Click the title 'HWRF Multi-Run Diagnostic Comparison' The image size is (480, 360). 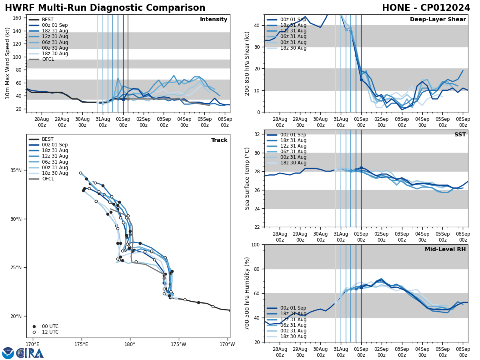pyautogui.click(x=105, y=8)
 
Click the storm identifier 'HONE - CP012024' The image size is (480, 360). pyautogui.click(x=426, y=8)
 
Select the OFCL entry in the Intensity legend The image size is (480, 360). pyautogui.click(x=48, y=59)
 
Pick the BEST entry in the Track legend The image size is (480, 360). pyautogui.click(x=48, y=139)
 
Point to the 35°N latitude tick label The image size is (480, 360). pyautogui.click(x=16, y=170)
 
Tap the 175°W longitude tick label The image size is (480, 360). pyautogui.click(x=179, y=344)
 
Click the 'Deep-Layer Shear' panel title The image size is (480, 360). pyautogui.click(x=438, y=20)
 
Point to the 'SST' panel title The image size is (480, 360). pyautogui.click(x=460, y=135)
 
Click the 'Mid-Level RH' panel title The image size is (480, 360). pyautogui.click(x=445, y=250)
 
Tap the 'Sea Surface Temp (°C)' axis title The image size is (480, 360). pyautogui.click(x=248, y=178)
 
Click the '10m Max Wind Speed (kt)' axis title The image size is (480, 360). pyautogui.click(x=8, y=63)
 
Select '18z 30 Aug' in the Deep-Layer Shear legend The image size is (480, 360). pyautogui.click(x=293, y=48)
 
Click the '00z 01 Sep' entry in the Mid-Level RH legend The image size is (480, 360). pyautogui.click(x=293, y=308)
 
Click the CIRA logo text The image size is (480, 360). pyautogui.click(x=30, y=353)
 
